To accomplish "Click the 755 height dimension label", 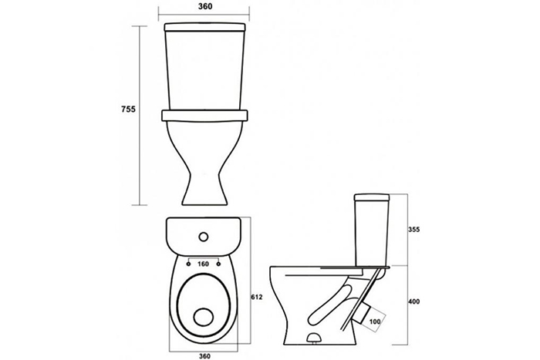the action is pos(129,109).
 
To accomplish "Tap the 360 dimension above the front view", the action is pos(205,6).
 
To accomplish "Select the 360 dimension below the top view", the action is pos(204,356).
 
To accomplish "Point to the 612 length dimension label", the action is pos(257,297).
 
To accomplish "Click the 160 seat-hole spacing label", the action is pos(203,264).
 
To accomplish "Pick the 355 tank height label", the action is pos(413,230).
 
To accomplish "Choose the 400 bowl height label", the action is pos(413,301).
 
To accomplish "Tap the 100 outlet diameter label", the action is pos(375,321).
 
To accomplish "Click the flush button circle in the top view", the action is pos(204,236).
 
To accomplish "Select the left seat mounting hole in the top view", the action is pos(188,264).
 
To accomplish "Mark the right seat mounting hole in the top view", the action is pos(219,264).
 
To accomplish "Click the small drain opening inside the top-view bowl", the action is pos(203,317).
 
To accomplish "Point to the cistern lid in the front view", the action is pos(206,27).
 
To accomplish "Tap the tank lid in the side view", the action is pos(372,197).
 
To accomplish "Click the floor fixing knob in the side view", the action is pos(313,338).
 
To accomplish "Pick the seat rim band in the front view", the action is pos(205,116).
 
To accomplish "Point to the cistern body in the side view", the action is pos(372,234).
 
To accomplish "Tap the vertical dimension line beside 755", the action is pos(140,116).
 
